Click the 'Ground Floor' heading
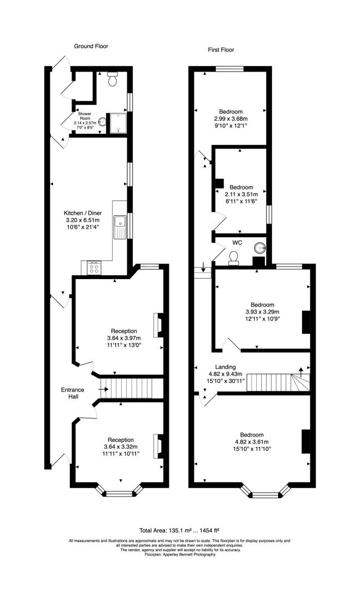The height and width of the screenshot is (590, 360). click(91, 46)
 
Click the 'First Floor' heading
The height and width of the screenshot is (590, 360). click(221, 50)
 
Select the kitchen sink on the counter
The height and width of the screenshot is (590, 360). click(120, 227)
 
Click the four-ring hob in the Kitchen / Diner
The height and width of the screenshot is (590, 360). click(95, 268)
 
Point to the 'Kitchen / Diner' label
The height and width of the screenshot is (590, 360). click(82, 213)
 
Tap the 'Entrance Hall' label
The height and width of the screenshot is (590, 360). click(73, 393)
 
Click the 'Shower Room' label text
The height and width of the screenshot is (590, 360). click(85, 116)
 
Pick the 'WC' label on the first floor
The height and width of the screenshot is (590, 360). click(237, 243)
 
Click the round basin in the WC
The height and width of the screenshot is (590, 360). click(259, 248)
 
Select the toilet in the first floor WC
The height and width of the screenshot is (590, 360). click(234, 258)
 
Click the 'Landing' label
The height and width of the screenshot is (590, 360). click(225, 367)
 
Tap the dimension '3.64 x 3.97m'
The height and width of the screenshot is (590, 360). click(124, 338)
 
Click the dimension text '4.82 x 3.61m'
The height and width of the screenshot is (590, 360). click(252, 442)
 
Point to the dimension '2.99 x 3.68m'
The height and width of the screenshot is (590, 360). click(231, 119)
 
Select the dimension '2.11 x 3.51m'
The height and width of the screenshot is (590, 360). click(241, 194)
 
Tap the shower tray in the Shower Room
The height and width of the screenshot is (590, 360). click(116, 123)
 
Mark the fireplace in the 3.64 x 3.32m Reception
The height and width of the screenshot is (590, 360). click(158, 446)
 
